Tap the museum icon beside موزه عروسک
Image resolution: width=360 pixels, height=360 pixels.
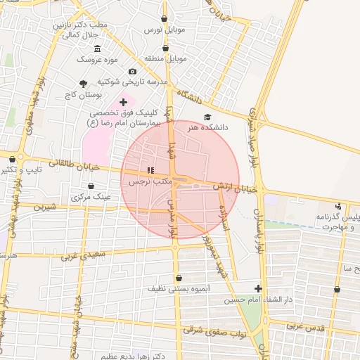97,49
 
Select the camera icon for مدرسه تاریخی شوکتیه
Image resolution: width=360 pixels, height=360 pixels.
132,72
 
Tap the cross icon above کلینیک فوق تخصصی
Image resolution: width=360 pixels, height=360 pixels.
124,102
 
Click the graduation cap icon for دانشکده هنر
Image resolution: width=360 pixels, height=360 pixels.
207,117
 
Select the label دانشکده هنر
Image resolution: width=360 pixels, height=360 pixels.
206,129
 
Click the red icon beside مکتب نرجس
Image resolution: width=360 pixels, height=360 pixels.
150,170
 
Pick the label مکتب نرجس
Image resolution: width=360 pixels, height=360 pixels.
150,181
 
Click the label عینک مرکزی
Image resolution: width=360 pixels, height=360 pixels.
91,198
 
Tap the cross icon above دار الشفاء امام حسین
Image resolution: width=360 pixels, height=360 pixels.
258,288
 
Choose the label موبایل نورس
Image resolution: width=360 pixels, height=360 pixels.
163,30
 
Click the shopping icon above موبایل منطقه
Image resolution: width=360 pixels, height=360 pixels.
165,48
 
